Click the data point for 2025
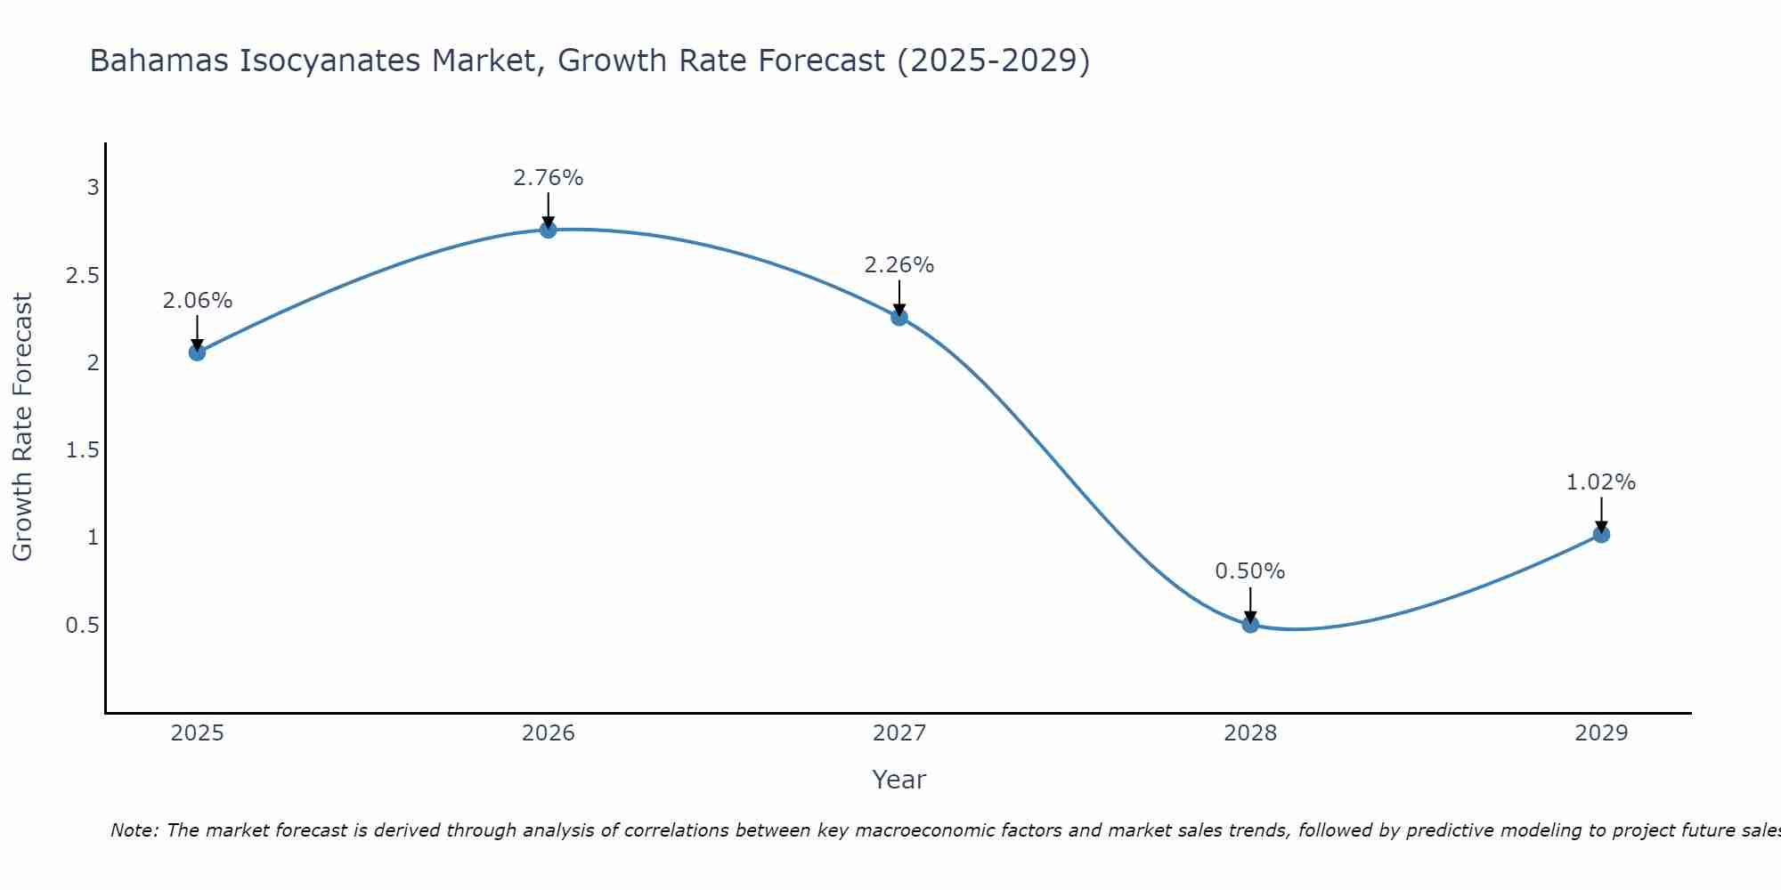coord(197,352)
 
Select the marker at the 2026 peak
coord(549,230)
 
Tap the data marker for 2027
coord(899,317)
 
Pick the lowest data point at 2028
coord(1250,625)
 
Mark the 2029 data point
coord(1601,535)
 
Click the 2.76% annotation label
coord(549,178)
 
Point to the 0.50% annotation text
coord(1250,571)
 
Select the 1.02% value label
coord(1601,482)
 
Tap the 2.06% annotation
coord(197,301)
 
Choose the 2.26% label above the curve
coord(899,265)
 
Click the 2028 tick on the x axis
coord(1250,733)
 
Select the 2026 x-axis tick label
coord(549,733)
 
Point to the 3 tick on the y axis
coord(93,188)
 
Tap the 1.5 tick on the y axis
coord(83,450)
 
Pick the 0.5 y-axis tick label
coord(83,626)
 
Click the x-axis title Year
coord(899,780)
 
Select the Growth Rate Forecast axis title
coord(22,427)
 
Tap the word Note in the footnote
coord(134,830)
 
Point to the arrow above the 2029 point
coord(1601,514)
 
